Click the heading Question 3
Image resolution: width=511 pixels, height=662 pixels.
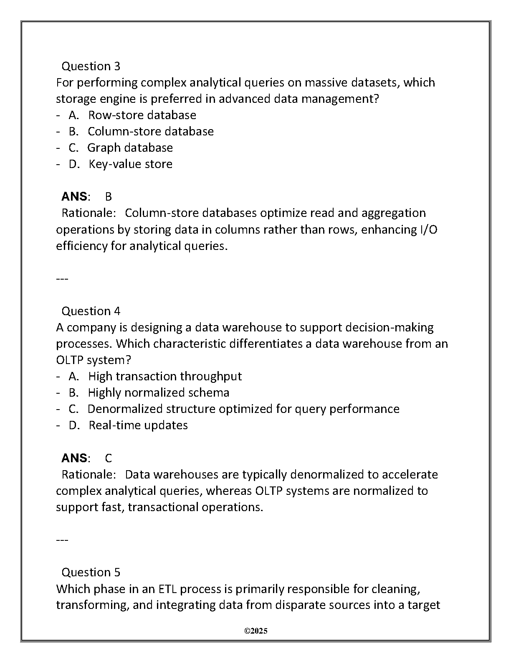pos(91,66)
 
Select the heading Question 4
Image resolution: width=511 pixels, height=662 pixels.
pos(91,311)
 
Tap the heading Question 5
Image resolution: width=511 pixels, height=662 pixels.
pos(91,572)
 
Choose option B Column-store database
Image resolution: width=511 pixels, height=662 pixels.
pos(150,131)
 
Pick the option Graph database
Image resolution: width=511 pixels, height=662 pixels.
pos(130,148)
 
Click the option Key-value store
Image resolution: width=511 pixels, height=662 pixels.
pos(130,164)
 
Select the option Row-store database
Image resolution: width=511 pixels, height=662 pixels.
pos(142,115)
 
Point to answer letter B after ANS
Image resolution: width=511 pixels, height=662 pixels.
pos(109,196)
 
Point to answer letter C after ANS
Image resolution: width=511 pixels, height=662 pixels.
pos(109,458)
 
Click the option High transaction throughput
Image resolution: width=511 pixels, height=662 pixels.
pos(165,376)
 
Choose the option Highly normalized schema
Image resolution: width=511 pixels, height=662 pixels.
pos(158,392)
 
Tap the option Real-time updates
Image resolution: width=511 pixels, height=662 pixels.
pos(138,425)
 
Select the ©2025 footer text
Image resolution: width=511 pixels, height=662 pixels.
pos(255,631)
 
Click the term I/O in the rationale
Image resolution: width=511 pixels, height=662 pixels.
pos(428,229)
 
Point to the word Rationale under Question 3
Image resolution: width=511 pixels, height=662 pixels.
pos(89,213)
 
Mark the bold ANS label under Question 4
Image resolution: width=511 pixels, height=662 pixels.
pos(74,458)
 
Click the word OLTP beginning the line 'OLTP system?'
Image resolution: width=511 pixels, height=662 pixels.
pos(69,360)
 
